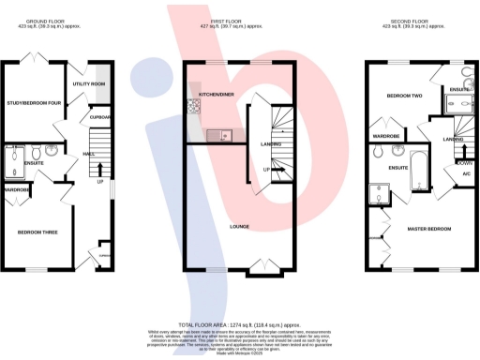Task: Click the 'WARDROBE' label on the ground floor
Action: point(16,189)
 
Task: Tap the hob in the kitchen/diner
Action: point(194,106)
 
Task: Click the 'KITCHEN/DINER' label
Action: point(217,96)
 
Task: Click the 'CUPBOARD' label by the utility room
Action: point(101,117)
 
